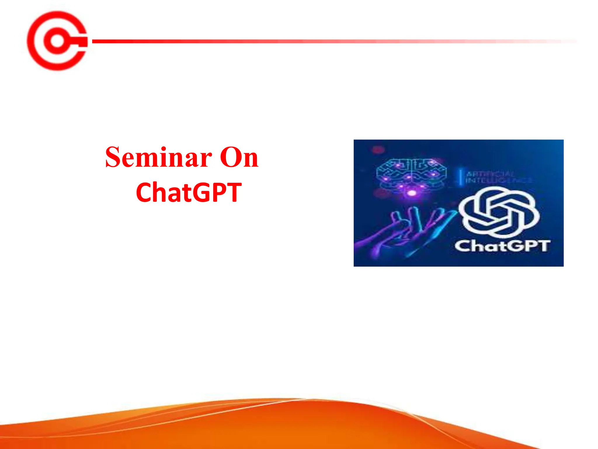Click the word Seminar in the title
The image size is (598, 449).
point(159,158)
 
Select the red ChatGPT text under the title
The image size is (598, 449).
point(189,192)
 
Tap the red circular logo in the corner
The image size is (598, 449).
point(57,41)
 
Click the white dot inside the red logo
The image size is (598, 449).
point(57,41)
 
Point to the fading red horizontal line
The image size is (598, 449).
point(292,41)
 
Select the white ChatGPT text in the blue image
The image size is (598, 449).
point(502,246)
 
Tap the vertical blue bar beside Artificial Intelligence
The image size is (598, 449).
point(460,177)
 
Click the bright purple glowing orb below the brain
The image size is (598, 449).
point(412,193)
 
